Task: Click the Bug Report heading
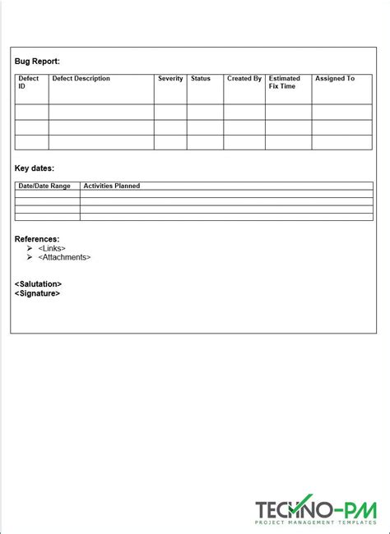(x=37, y=61)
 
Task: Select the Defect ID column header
(x=28, y=82)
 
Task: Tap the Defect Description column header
(x=81, y=79)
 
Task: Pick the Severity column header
(x=170, y=79)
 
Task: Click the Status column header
(x=201, y=79)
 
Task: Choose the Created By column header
(x=244, y=79)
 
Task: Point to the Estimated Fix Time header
(x=285, y=82)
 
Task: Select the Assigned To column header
(x=335, y=79)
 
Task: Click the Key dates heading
(x=35, y=168)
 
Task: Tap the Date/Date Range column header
(x=44, y=186)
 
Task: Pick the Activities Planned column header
(x=112, y=186)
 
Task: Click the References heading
(x=37, y=239)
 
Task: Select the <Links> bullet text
(x=52, y=248)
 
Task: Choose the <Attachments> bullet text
(x=64, y=257)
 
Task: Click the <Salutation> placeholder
(x=38, y=284)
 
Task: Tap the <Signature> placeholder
(x=37, y=293)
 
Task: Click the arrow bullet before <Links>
(x=30, y=248)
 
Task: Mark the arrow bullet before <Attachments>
(x=30, y=257)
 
